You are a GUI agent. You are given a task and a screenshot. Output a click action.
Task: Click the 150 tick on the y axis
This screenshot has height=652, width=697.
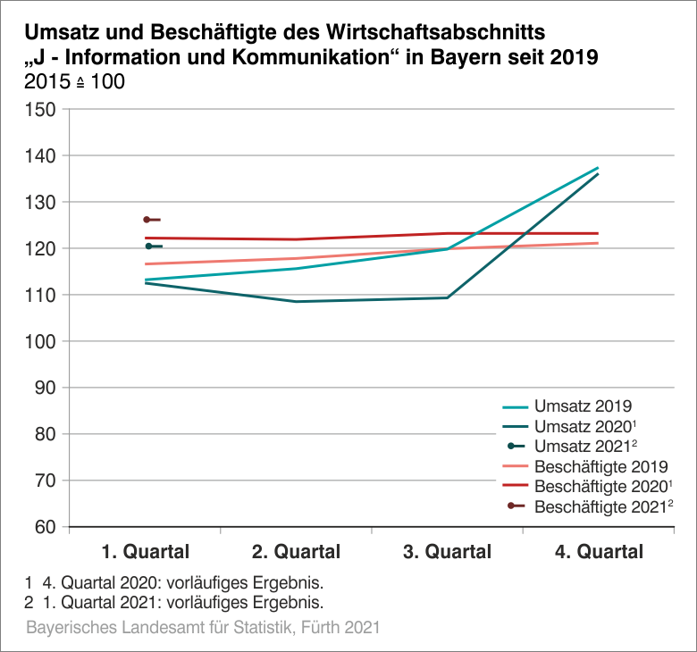click(x=42, y=110)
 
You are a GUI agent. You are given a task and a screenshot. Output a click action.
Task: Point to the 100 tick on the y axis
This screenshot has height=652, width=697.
click(x=42, y=341)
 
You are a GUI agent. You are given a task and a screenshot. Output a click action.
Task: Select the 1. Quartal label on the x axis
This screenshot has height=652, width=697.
click(x=145, y=552)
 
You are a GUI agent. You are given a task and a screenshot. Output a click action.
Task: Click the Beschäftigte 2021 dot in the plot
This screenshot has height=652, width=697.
click(x=147, y=220)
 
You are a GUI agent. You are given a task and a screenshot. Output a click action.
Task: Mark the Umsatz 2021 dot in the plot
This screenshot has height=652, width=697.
click(x=148, y=247)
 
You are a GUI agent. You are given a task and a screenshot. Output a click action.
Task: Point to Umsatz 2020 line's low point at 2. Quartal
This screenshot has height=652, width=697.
click(x=296, y=302)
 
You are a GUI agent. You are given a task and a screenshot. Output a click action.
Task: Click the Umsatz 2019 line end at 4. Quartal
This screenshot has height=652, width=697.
click(x=598, y=168)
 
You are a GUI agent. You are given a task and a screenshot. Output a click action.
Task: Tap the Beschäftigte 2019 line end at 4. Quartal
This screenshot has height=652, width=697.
click(x=598, y=243)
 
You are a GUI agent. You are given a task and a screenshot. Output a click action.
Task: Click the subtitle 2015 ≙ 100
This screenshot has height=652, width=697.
click(x=76, y=82)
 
